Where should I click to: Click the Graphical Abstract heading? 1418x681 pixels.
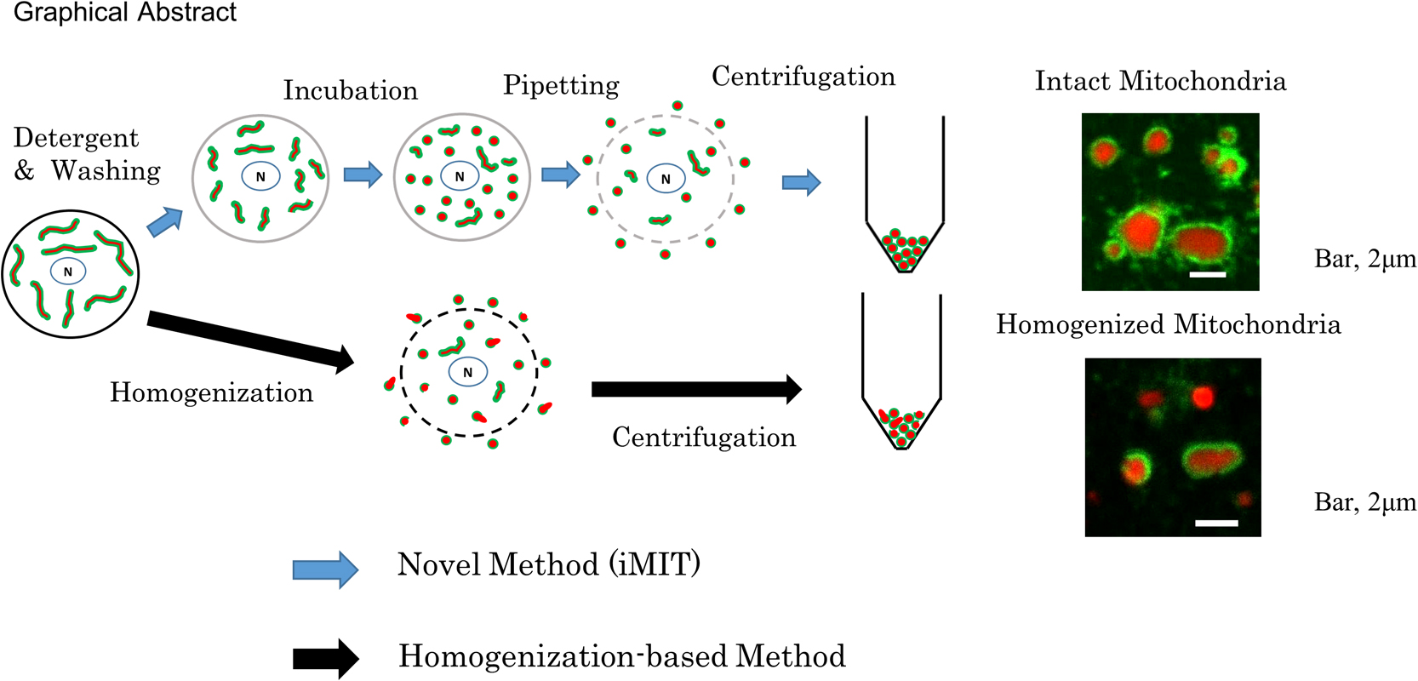[125, 13]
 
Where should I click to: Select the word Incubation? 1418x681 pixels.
[350, 90]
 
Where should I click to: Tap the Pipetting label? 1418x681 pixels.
[561, 85]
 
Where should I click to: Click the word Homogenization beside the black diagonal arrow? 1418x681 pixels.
[211, 392]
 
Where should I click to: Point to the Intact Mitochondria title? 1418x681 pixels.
[1160, 81]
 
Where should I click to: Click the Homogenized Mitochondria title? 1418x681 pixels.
[1168, 324]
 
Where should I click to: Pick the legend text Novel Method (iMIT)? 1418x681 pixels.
[548, 564]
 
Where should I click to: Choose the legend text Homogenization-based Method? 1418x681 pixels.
[621, 656]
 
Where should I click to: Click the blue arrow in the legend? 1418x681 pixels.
[325, 569]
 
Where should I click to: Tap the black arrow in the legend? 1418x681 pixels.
[325, 658]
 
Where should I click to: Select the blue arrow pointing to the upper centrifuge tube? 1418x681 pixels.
[801, 182]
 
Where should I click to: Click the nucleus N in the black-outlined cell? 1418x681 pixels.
[68, 272]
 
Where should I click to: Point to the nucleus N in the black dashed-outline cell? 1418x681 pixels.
[467, 372]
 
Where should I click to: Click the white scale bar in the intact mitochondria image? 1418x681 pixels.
[1207, 274]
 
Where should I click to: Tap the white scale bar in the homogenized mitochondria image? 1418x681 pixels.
[1216, 522]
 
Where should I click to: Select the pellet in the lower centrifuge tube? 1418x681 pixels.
[901, 427]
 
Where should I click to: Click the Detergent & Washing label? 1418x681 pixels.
[86, 154]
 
